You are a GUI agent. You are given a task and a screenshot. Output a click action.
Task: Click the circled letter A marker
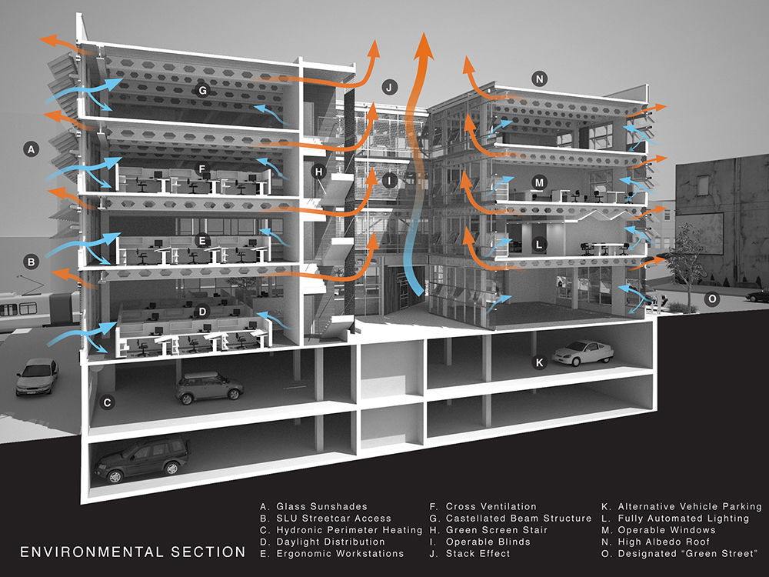point(32,149)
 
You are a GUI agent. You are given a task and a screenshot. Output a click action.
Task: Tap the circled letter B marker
point(32,262)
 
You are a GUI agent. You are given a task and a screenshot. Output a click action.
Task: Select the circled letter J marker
point(390,87)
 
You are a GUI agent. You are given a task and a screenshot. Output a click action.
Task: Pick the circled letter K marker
point(539,361)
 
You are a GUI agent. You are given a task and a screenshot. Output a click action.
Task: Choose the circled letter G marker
point(202,90)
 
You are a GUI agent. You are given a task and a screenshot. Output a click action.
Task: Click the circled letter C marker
point(108,401)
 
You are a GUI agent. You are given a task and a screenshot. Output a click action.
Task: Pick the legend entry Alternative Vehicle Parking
point(681,507)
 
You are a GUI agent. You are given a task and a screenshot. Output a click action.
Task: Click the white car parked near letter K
point(582,353)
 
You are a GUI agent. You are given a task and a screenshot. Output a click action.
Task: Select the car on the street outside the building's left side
point(37,376)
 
